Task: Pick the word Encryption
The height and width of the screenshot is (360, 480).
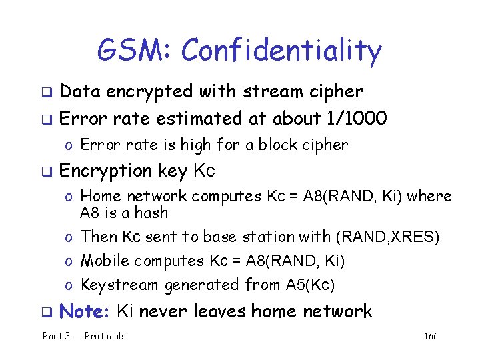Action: pos(106,171)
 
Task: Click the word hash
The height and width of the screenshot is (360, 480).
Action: pos(151,213)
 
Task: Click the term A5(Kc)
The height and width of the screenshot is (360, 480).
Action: pos(310,285)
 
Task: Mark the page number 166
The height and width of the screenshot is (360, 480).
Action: pos(431,336)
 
